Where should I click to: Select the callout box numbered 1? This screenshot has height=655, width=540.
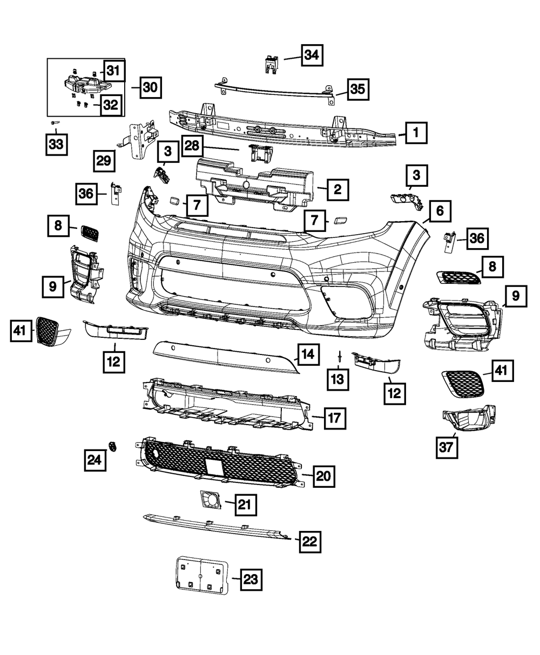(415, 132)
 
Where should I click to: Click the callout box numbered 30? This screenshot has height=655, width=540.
(151, 87)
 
